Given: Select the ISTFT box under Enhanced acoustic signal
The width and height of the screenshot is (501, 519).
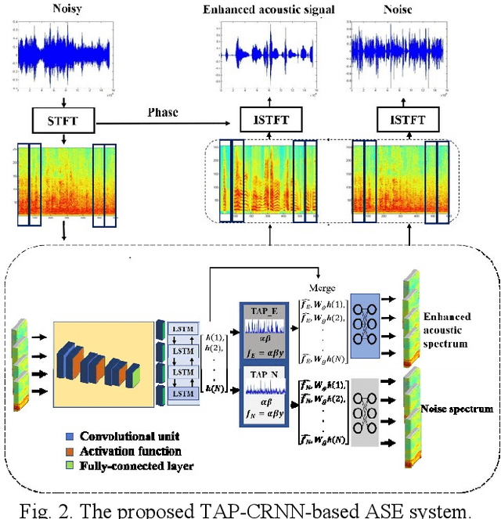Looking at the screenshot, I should (x=268, y=121).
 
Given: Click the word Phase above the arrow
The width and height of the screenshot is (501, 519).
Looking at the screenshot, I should (x=163, y=112).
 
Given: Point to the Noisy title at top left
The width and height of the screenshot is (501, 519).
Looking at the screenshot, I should (x=67, y=10).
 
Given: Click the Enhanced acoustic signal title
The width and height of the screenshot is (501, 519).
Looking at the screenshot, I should (x=268, y=10).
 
